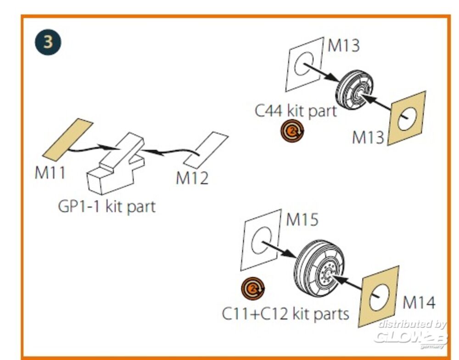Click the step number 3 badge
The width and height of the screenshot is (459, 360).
pyautogui.click(x=47, y=42)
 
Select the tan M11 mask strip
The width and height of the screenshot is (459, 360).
pyautogui.click(x=68, y=139)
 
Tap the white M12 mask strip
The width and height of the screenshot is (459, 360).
pyautogui.click(x=206, y=150)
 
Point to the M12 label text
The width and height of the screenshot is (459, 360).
pyautogui.click(x=192, y=178)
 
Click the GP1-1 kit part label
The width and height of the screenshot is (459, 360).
pyautogui.click(x=107, y=206)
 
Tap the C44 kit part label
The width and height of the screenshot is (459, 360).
pyautogui.click(x=296, y=111)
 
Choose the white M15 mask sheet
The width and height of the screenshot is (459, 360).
pyautogui.click(x=260, y=239)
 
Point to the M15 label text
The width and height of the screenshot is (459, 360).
pyautogui.click(x=302, y=220)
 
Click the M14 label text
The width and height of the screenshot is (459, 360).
pyautogui.click(x=419, y=302)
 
